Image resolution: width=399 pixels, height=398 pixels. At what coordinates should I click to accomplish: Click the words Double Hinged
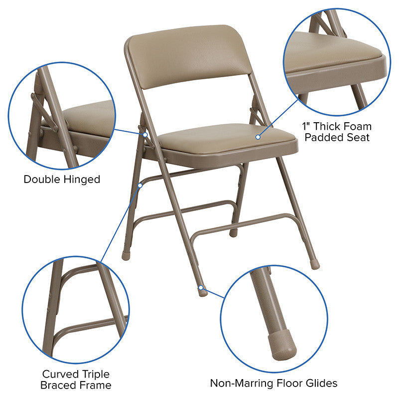pos(62,179)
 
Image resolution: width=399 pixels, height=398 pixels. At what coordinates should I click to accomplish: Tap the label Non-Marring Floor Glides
pos(273,383)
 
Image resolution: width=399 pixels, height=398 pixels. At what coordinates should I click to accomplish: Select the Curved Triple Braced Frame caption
pos(76,379)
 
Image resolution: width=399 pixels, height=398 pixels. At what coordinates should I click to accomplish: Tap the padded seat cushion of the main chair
pos(224,138)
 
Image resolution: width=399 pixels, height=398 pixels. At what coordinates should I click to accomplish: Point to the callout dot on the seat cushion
pos(258,136)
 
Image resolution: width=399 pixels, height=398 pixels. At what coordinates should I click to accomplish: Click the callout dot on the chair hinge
pos(145,134)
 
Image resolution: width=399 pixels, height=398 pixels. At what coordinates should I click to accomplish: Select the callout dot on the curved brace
pos(140,185)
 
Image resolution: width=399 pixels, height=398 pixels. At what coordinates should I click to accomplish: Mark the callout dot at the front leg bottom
pos(200,287)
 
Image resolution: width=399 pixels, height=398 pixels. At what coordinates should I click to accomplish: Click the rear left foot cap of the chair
pos(126,255)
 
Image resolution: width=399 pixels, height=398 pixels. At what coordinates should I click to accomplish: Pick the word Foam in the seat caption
pos(358,127)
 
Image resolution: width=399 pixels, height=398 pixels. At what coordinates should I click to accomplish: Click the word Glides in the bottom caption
pos(322,383)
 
